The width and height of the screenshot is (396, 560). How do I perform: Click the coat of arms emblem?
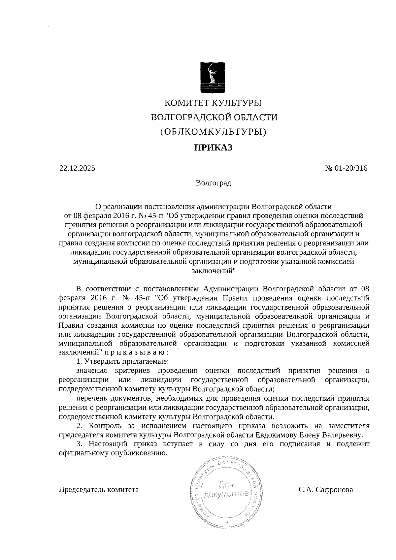pyautogui.click(x=213, y=77)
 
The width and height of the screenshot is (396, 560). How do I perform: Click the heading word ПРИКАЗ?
pyautogui.click(x=213, y=148)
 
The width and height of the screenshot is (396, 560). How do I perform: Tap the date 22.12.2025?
pyautogui.click(x=77, y=168)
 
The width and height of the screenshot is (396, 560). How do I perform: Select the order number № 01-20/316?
pyautogui.click(x=346, y=168)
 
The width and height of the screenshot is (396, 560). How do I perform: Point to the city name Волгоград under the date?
pyautogui.click(x=213, y=183)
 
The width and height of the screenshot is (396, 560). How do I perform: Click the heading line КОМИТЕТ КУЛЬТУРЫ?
pyautogui.click(x=213, y=103)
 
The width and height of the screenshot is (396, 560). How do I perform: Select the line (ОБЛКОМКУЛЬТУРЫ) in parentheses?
pyautogui.click(x=213, y=132)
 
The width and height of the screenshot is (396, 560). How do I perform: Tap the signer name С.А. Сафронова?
pyautogui.click(x=326, y=490)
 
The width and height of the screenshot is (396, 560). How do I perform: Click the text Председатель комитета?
pyautogui.click(x=99, y=490)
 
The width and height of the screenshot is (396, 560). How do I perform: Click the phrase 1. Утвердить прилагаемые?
pyautogui.click(x=122, y=362)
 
